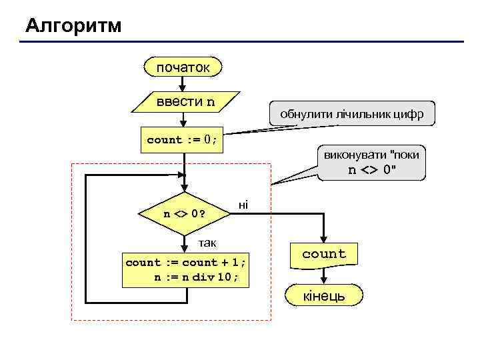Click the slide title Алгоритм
(x=74, y=26)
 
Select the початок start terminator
(x=183, y=67)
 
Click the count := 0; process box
(x=182, y=140)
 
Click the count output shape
(x=324, y=254)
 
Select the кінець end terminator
(x=325, y=295)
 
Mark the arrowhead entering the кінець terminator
(x=325, y=281)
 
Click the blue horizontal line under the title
(x=240, y=43)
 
